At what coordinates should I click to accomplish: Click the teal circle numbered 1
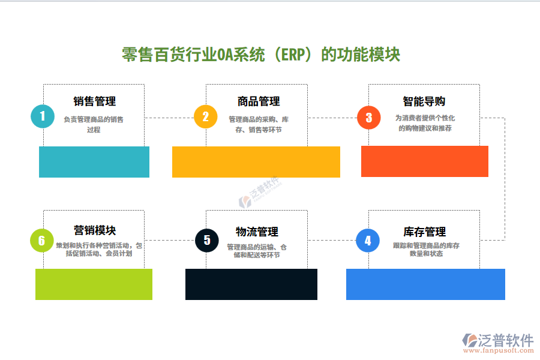point(42,116)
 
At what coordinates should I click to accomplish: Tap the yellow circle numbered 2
point(205,116)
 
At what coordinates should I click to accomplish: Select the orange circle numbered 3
point(368,117)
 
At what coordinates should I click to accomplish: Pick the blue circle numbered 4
point(368,241)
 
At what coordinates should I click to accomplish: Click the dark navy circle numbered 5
point(207,241)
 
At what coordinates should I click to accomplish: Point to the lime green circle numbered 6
point(41,241)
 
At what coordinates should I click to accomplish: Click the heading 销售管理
point(94,101)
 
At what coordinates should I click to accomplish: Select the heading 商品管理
point(258,101)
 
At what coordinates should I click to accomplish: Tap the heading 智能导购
point(424,101)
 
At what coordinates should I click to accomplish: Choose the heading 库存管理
point(424,232)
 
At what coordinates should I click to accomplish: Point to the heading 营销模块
point(95,230)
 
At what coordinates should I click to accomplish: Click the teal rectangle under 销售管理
point(94,162)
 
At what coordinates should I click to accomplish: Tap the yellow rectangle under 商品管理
point(256,162)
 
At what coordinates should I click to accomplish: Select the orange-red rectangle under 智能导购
point(425,161)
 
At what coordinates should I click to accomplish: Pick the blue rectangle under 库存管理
point(425,284)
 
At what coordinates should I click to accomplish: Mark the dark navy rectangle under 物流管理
point(251,284)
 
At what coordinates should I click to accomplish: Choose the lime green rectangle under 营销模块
point(94,284)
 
